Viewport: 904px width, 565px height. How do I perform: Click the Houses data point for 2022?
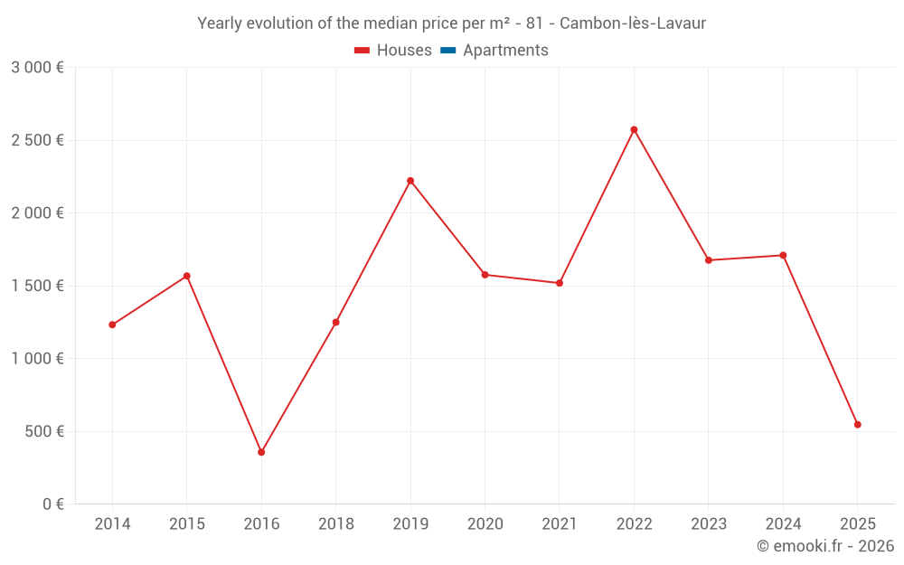634,129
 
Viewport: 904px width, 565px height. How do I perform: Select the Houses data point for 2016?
261,452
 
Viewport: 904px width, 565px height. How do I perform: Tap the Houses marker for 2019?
410,181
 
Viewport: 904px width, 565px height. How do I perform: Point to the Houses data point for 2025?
857,424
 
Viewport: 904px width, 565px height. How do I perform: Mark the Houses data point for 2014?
112,325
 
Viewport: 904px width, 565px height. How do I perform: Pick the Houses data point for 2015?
187,276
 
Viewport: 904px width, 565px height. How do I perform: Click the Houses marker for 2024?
783,255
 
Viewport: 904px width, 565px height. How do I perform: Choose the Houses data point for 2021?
560,283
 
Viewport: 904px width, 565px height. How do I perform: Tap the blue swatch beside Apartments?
447,51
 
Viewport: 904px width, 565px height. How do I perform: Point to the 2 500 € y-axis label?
37,140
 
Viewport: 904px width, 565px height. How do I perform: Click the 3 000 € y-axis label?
37,68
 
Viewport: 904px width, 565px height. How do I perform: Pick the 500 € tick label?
44,431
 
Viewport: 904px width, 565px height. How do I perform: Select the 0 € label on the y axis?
52,504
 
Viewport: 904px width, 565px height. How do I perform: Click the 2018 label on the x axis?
335,524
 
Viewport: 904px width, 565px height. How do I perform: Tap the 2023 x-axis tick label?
708,524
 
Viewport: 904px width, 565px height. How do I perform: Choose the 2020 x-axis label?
485,524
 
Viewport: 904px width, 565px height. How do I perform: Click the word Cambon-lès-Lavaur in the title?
633,24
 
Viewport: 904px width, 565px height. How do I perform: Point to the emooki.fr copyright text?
825,546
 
